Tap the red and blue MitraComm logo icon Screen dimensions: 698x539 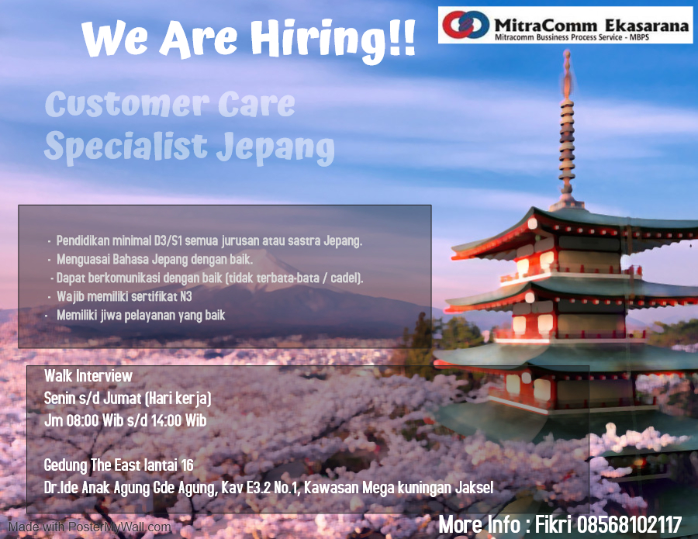(x=465, y=24)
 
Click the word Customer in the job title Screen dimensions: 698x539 (x=127, y=104)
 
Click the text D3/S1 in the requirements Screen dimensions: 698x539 (x=168, y=240)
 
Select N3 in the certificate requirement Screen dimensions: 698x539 (x=186, y=296)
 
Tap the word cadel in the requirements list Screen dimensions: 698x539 (x=344, y=278)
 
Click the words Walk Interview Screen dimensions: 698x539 (x=88, y=376)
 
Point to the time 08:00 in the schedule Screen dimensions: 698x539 (x=82, y=420)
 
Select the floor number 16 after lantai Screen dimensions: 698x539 (x=187, y=465)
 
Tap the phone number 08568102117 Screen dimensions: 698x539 (x=630, y=525)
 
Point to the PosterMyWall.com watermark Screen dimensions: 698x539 (x=89, y=527)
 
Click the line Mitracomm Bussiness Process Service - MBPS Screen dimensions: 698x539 (x=572, y=37)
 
